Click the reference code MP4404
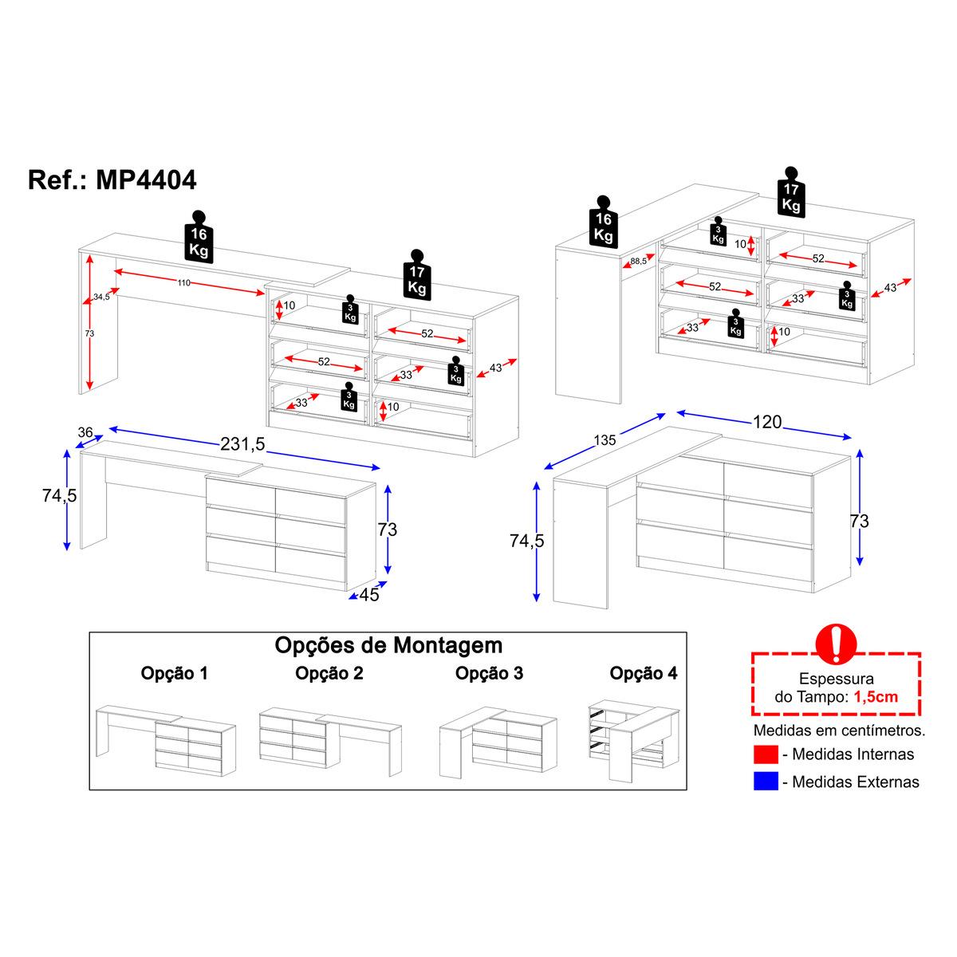click(x=146, y=179)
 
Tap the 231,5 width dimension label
click(x=243, y=443)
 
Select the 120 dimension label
click(x=767, y=422)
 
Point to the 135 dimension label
click(x=605, y=440)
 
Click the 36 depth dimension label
click(x=85, y=432)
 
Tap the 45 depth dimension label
click(x=369, y=594)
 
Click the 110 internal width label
click(x=183, y=282)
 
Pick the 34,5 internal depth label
click(x=101, y=297)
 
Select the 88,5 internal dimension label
click(x=638, y=262)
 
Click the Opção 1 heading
click(x=174, y=673)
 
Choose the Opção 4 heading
click(x=643, y=673)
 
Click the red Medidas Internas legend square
click(x=766, y=754)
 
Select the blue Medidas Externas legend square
click(x=766, y=782)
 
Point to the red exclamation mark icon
click(x=837, y=644)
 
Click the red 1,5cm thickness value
click(x=876, y=697)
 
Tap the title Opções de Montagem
click(x=388, y=645)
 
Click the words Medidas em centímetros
click(x=839, y=731)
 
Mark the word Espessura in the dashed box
click(x=837, y=679)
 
